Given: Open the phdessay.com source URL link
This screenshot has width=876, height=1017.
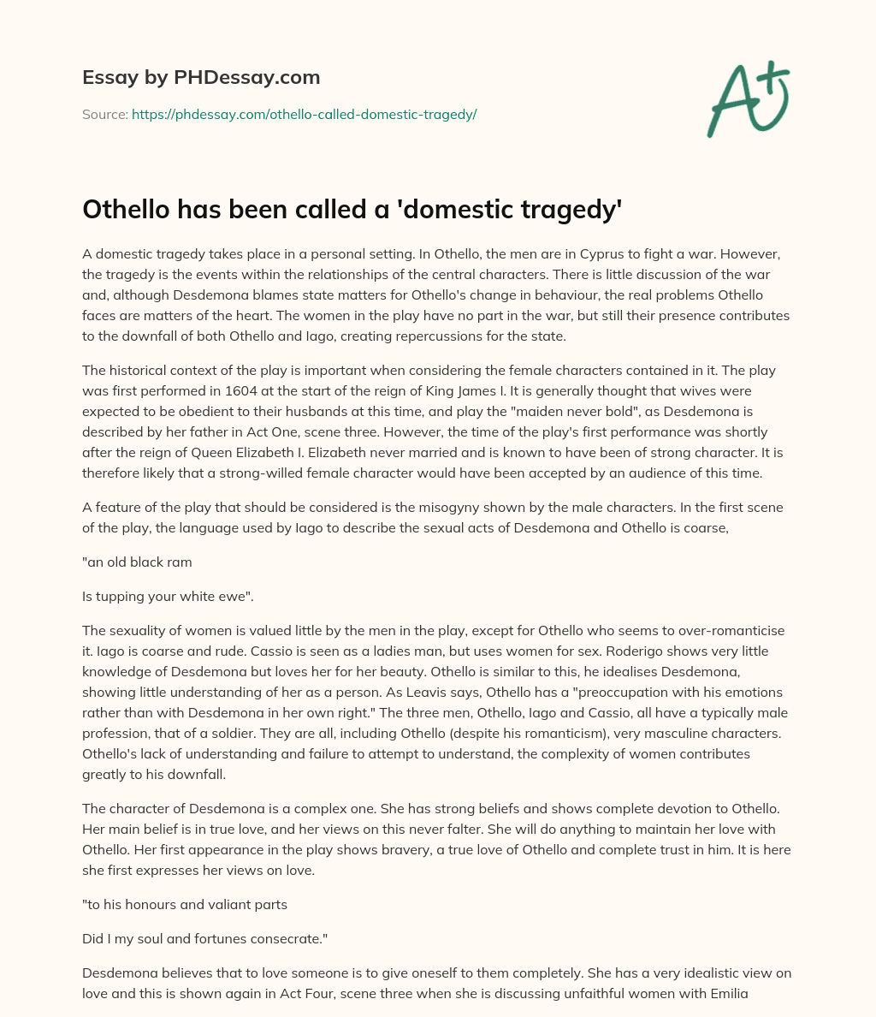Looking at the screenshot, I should (x=304, y=114).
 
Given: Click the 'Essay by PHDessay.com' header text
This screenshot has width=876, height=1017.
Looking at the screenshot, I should (x=201, y=78).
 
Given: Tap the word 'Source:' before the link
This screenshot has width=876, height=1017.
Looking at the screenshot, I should (x=105, y=114).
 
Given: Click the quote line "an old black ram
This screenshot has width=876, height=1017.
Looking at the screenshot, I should (x=137, y=562).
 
